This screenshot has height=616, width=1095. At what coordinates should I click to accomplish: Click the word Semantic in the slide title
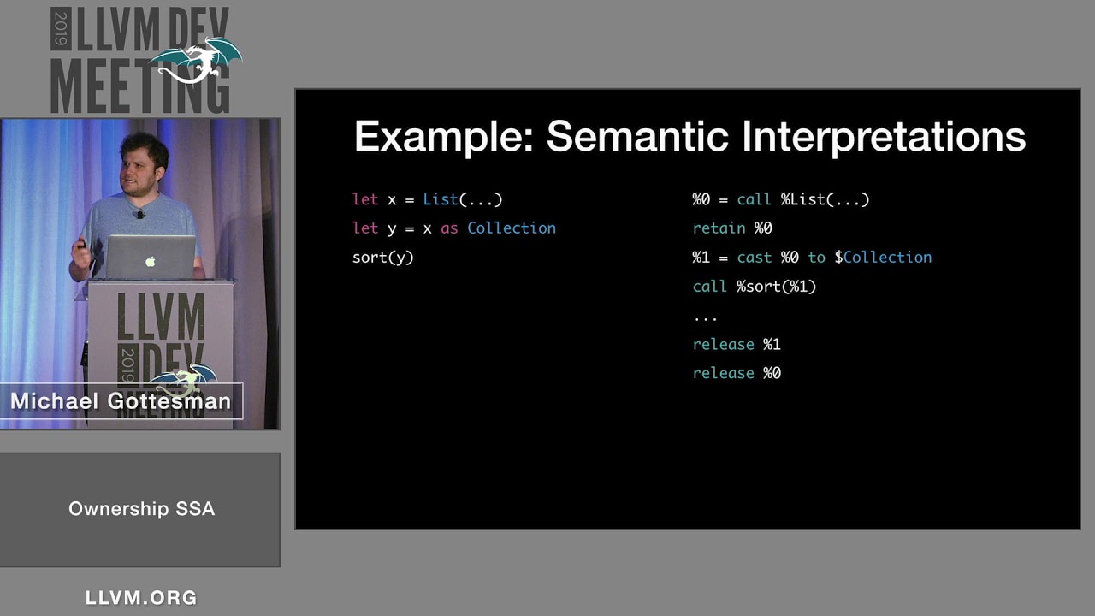click(x=637, y=136)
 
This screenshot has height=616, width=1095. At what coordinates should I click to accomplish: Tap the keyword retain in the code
click(x=719, y=228)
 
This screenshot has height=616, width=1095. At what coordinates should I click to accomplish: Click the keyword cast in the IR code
click(x=755, y=258)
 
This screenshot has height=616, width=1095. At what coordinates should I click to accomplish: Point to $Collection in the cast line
click(x=883, y=258)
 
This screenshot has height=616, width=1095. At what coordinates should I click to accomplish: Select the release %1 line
click(x=737, y=344)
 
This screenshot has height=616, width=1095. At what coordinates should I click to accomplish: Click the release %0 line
click(x=737, y=373)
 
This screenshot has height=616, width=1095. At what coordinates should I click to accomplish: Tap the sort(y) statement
click(x=382, y=258)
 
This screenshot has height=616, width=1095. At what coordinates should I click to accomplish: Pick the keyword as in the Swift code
click(x=449, y=228)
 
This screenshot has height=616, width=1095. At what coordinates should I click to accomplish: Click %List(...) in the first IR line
click(x=825, y=199)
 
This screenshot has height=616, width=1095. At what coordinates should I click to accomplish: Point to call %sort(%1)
click(x=755, y=287)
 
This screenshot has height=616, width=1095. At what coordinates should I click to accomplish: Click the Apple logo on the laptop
click(x=151, y=261)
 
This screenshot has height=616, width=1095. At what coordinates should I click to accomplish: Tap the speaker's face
click(x=139, y=171)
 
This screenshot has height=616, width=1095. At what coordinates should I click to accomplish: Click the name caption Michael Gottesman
click(x=121, y=401)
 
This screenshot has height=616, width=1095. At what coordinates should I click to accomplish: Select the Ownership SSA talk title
click(x=141, y=509)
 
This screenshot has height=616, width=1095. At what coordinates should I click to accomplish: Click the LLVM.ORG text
click(x=141, y=598)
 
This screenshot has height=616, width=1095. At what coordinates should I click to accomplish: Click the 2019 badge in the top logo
click(x=61, y=29)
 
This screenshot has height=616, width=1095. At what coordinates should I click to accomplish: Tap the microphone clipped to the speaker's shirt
click(x=141, y=214)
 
